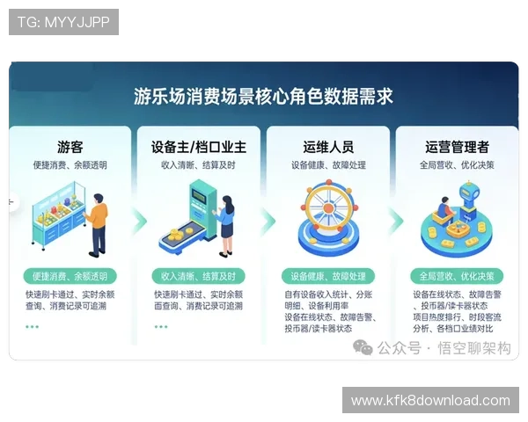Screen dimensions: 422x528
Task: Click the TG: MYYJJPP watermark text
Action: tap(63, 22)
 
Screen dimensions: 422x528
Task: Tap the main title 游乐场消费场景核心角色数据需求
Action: tap(263, 95)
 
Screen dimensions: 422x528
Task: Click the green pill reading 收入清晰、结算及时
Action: tap(198, 275)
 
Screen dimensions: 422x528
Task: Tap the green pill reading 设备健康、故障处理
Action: tap(327, 275)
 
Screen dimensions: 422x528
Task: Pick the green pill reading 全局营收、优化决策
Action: tap(457, 275)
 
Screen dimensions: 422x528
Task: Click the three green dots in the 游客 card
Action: tap(32, 326)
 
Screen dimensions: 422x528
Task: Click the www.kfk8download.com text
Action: tap(430, 401)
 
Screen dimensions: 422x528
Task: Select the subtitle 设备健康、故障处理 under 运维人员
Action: tap(328, 164)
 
